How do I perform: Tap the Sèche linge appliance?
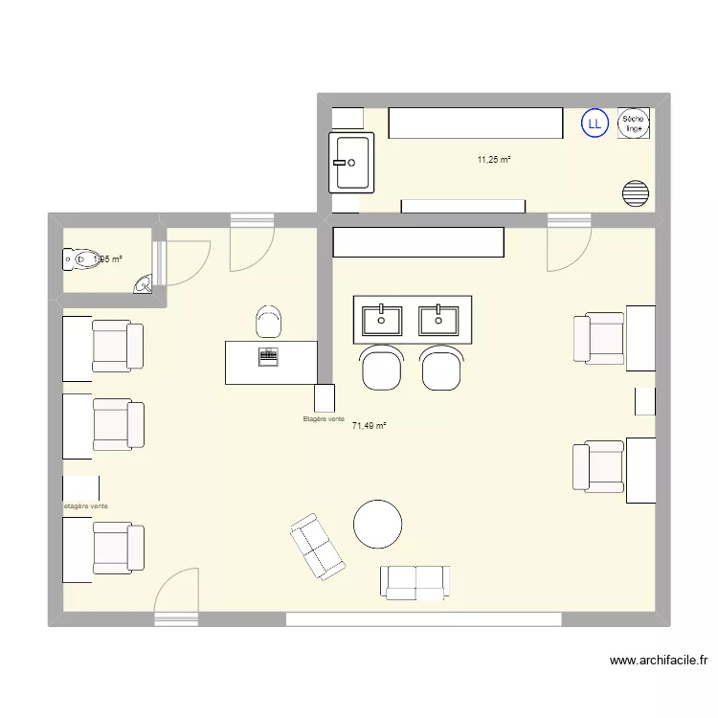point(634,123)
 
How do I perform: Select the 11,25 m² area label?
point(494,160)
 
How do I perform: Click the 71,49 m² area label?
point(369,426)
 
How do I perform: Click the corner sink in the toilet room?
point(143,283)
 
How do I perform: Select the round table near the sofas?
point(377,525)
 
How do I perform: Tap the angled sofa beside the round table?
point(317,547)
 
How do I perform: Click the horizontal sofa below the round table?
point(415,582)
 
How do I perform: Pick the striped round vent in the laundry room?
point(636,193)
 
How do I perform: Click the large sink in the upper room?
point(351,163)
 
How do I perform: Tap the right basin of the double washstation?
point(439,317)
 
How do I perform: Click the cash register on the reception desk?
point(269,356)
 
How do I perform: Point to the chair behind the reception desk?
point(269,321)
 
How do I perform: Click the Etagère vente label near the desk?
point(323,419)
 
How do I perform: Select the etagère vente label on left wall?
point(85,505)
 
